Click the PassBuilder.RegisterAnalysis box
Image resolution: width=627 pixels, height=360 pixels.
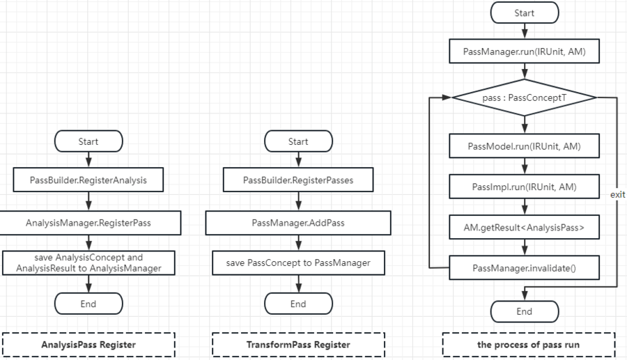[88, 180]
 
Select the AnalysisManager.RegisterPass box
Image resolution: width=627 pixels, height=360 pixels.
[88, 223]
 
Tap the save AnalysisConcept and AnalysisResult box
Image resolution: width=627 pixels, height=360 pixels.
[88, 263]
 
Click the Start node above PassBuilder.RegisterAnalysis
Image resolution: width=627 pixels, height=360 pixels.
[88, 141]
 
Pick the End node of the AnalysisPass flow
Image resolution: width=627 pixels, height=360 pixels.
[88, 304]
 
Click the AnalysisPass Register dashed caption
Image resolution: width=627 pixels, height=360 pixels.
[88, 345]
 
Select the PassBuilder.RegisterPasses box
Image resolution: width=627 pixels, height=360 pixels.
[298, 180]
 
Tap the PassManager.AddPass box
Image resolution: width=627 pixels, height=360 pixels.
[298, 223]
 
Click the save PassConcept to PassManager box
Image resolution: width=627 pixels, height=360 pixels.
[298, 263]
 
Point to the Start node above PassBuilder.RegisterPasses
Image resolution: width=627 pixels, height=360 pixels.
[298, 141]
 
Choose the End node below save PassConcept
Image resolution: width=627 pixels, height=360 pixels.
[298, 304]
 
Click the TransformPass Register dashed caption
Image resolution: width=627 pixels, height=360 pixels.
[298, 345]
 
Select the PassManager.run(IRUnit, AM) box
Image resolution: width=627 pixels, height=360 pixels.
[524, 52]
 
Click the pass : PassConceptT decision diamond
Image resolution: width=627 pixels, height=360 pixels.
[524, 98]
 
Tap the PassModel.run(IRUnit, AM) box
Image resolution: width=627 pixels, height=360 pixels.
[524, 146]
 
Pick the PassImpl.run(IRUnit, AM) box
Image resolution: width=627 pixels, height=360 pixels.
[524, 187]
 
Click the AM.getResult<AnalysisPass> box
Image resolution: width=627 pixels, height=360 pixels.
[524, 227]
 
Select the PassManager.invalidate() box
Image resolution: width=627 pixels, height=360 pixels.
[524, 268]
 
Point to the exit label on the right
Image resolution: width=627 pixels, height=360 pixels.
[617, 195]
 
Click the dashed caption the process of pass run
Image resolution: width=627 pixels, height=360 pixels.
[529, 345]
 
